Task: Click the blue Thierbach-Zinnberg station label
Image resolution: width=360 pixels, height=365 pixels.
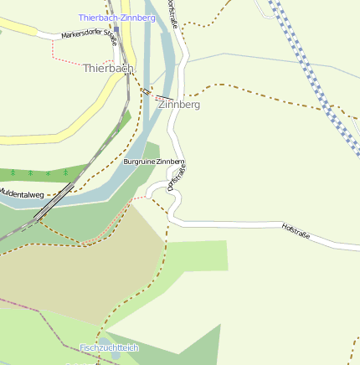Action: pos(116,18)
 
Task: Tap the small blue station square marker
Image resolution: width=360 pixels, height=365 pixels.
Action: pos(116,29)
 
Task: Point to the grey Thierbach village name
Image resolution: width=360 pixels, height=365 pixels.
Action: pos(109,69)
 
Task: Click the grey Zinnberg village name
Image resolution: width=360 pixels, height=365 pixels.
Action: pos(178,105)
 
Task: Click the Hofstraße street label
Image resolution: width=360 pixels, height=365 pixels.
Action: pos(296,229)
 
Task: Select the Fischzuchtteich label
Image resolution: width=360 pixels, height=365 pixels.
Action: pos(109,347)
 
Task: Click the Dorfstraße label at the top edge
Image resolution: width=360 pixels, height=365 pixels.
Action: pos(173,12)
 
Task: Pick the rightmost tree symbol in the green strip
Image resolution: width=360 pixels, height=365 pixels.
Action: pos(64,172)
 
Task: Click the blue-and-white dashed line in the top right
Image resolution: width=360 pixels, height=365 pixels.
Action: pos(318,75)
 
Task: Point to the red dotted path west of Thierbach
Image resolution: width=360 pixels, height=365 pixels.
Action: pos(67,59)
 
